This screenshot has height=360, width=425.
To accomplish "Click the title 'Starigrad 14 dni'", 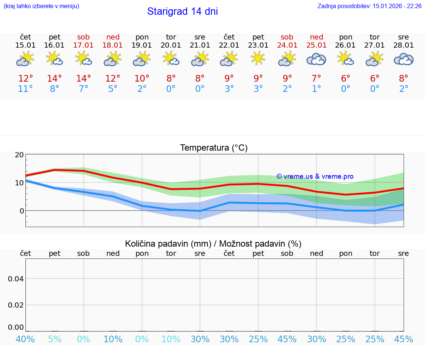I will pos(182,11).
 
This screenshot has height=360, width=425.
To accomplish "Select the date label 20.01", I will pos(171,45).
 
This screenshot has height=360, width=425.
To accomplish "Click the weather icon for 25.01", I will pos(316,59).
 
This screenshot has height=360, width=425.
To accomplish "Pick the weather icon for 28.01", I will pos(404,59).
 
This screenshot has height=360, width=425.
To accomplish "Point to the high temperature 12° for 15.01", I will pos(25,78).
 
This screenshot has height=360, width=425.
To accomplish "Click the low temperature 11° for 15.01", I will pos(25,89).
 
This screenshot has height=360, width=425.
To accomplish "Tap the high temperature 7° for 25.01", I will pos(316,78).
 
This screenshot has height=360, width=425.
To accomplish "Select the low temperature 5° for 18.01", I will pos(113,89).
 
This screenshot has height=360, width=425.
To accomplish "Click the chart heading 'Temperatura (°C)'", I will pos(214,148).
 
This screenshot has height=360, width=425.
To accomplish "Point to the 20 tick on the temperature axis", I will pos(19,155).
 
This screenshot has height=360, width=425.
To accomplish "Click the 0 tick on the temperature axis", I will pos(21,211).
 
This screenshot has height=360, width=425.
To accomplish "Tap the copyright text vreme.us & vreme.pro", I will pos(315,176).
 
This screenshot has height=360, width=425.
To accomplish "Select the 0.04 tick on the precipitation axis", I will pos(16,279).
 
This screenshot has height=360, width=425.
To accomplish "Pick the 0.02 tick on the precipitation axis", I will pos(16,305).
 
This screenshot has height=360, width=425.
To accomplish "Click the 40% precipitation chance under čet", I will pos(25,339).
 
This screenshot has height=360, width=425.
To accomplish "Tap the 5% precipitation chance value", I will pos(55,339).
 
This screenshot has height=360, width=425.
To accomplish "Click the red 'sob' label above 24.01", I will pos(287,37).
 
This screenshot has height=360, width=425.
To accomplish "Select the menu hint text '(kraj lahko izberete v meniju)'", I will pos(41,6).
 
